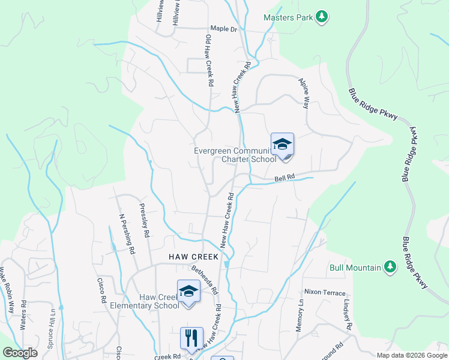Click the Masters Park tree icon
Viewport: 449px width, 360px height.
tap(322, 17)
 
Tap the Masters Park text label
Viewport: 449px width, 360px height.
tap(288, 17)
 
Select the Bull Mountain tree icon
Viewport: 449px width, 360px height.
tap(390, 267)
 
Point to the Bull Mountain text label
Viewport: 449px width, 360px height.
tap(355, 268)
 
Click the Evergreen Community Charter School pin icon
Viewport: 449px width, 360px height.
tap(282, 146)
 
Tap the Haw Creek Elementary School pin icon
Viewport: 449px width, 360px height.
tap(188, 292)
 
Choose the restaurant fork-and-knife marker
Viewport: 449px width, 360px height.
tap(192, 338)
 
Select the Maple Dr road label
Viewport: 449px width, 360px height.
tap(224, 29)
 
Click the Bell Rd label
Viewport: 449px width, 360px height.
tap(285, 178)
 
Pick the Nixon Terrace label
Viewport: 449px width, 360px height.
tap(325, 292)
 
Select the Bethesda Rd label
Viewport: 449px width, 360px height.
tap(203, 280)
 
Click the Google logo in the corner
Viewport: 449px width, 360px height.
tap(20, 352)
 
